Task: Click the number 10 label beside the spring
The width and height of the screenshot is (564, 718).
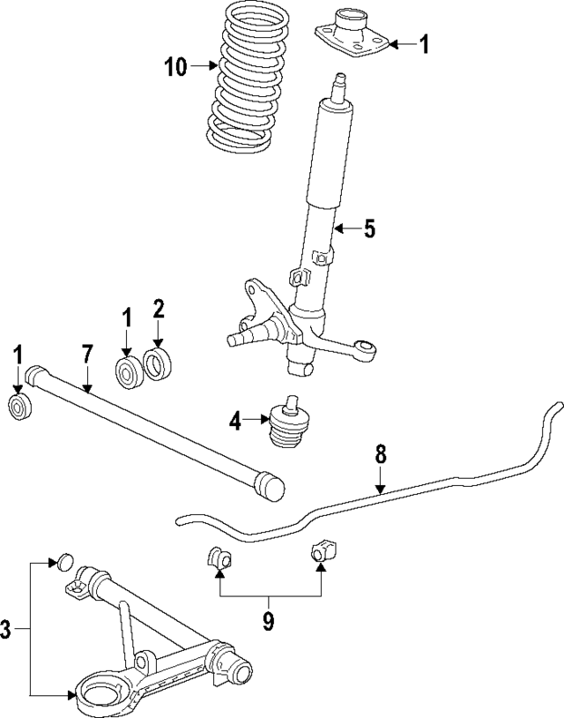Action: coord(175,66)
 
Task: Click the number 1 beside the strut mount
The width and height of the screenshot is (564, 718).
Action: coord(424,43)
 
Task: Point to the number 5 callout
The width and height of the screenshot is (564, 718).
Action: coord(368,229)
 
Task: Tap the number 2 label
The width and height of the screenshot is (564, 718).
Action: coord(159,309)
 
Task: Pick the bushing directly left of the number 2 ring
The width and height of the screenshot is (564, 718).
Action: coord(129,370)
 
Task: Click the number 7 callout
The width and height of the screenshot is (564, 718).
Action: coord(86,355)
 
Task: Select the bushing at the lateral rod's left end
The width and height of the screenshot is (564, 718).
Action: coord(19,408)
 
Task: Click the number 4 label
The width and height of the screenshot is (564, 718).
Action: coord(235,422)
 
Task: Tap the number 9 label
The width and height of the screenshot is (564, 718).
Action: coord(268,622)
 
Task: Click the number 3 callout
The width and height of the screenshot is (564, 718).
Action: coord(7,629)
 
